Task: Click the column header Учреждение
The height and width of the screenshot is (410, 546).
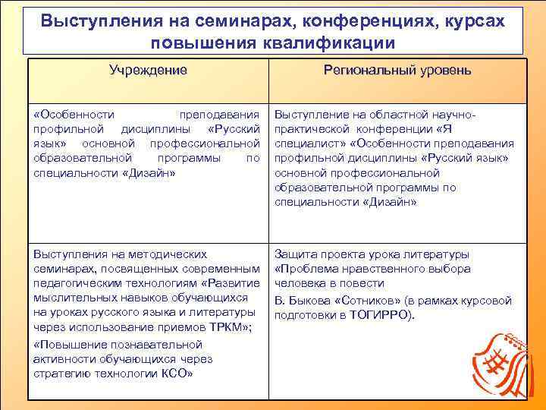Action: pyautogui.click(x=148, y=71)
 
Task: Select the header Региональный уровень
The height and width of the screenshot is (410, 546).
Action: pyautogui.click(x=397, y=71)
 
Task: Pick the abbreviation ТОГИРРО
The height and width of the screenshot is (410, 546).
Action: pyautogui.click(x=377, y=315)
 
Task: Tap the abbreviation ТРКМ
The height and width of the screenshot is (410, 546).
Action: pyautogui.click(x=233, y=327)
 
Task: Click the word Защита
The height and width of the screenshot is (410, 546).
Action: pyautogui.click(x=297, y=254)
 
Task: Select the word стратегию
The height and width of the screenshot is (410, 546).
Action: pyautogui.click(x=60, y=374)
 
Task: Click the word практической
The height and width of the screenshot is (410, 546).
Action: pyautogui.click(x=311, y=129)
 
